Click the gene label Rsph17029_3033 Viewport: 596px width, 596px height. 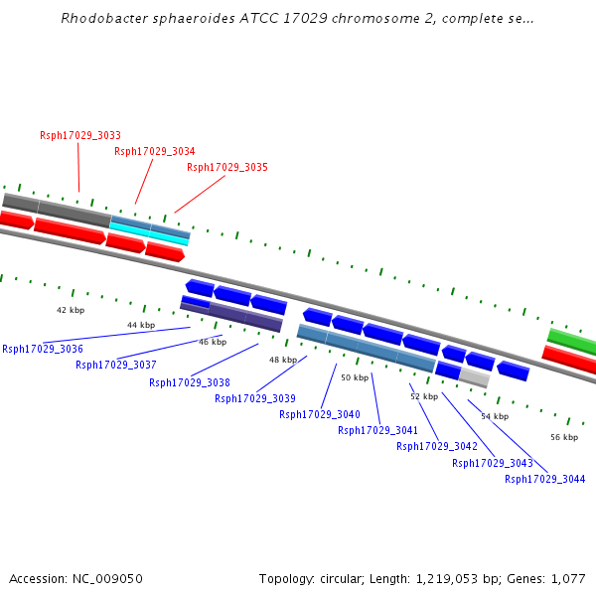click(x=80, y=135)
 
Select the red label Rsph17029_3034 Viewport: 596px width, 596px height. click(x=154, y=151)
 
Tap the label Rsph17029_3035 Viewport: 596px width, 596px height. click(x=227, y=167)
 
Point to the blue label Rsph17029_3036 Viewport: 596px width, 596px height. click(x=43, y=349)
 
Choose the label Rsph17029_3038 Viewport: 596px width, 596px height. click(x=190, y=382)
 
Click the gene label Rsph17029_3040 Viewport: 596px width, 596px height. click(x=320, y=414)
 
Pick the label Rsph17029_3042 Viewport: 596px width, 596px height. click(x=437, y=446)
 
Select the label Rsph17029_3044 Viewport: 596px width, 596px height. click(x=545, y=479)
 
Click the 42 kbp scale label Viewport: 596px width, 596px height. click(x=70, y=310)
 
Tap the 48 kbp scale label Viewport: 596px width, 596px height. click(x=282, y=360)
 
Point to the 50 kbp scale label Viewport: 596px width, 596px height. click(x=355, y=377)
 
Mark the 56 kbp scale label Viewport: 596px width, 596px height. click(x=564, y=437)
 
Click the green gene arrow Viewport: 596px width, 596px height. click(x=571, y=341)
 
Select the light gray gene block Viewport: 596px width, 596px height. click(x=474, y=377)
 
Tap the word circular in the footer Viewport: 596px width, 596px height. click(x=353, y=578)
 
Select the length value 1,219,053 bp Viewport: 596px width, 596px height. click(x=463, y=578)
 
